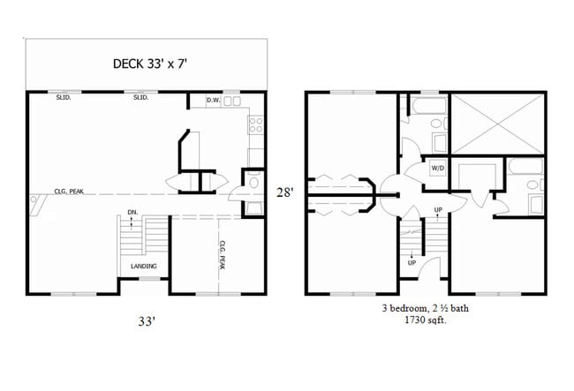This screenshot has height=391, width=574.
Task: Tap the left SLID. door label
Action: click(64, 98)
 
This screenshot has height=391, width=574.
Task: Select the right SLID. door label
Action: click(140, 98)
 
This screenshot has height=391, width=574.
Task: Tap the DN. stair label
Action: click(132, 212)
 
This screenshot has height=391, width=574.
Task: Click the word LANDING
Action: click(143, 267)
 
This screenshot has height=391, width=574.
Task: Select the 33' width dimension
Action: click(146, 322)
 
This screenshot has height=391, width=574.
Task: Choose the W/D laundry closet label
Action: click(437, 169)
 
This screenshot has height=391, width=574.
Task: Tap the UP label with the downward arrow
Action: click(438, 209)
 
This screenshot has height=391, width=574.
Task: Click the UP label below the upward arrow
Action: click(412, 263)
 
